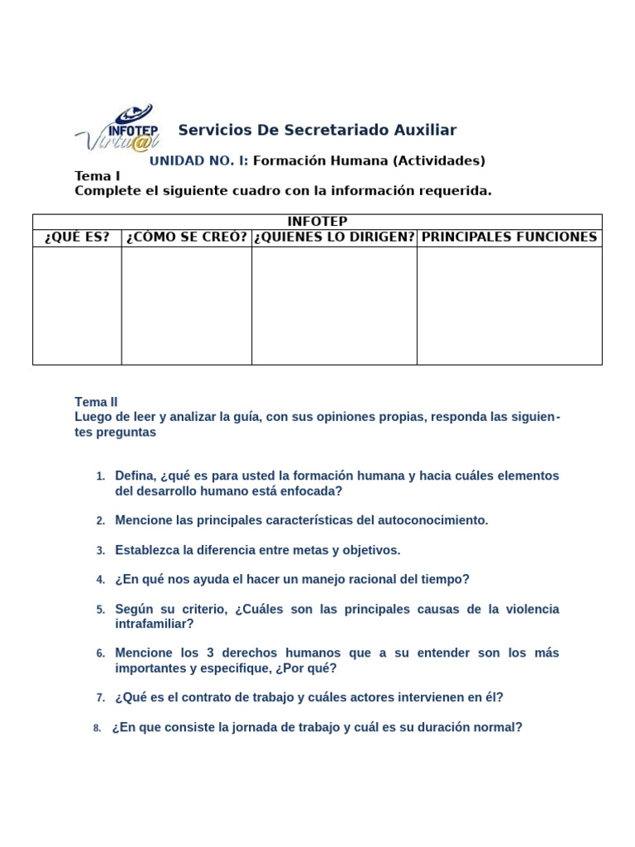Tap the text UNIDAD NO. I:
click(198, 160)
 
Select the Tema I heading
click(98, 176)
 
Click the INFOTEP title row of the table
click(317, 222)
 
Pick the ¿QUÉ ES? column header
click(77, 237)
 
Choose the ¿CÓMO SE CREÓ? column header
click(187, 237)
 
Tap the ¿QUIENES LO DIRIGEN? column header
click(334, 237)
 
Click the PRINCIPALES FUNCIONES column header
click(509, 237)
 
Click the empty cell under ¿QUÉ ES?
click(77, 305)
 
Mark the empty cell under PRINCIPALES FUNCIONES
click(509, 305)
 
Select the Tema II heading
click(97, 402)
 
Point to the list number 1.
click(100, 476)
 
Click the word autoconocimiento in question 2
click(432, 520)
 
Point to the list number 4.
click(100, 580)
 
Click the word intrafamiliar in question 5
click(155, 624)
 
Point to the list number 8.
click(97, 728)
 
